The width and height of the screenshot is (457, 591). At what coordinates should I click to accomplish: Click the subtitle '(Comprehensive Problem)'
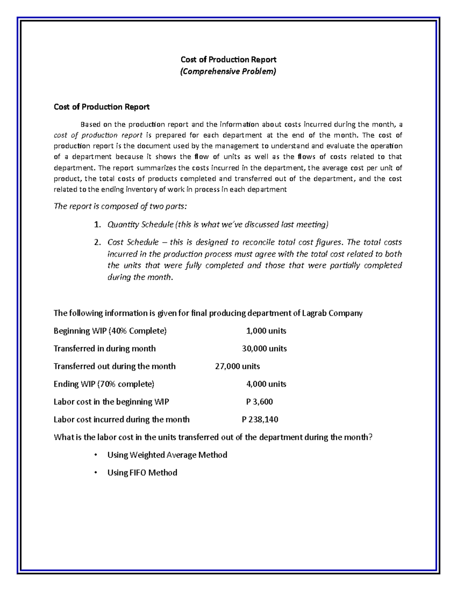228,71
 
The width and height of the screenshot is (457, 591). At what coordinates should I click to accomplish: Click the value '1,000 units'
266,331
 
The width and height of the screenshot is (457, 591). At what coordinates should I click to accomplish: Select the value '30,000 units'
264,349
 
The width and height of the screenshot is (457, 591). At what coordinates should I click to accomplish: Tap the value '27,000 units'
238,366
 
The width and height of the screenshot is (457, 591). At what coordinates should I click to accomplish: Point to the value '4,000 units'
266,384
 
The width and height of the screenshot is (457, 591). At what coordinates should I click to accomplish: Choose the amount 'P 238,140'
260,419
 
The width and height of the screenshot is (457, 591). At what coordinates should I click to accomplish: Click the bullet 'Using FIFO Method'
142,473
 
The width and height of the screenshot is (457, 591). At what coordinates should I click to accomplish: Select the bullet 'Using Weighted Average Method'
167,455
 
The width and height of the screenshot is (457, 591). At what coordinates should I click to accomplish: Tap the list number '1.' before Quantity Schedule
97,225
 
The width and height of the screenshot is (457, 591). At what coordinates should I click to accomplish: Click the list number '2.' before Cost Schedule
97,242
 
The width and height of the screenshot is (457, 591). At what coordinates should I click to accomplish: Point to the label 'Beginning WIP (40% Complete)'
110,331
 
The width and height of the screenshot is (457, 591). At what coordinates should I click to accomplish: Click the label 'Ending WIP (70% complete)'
104,384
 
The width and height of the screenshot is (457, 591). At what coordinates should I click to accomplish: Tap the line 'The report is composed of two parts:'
120,206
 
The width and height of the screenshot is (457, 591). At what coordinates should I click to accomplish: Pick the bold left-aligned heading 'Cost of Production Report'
101,107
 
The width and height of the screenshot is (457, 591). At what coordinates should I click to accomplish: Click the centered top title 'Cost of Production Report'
228,59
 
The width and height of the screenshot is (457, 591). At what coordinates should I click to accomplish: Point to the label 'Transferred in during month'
105,349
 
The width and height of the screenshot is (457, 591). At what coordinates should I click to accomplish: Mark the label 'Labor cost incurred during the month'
121,419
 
